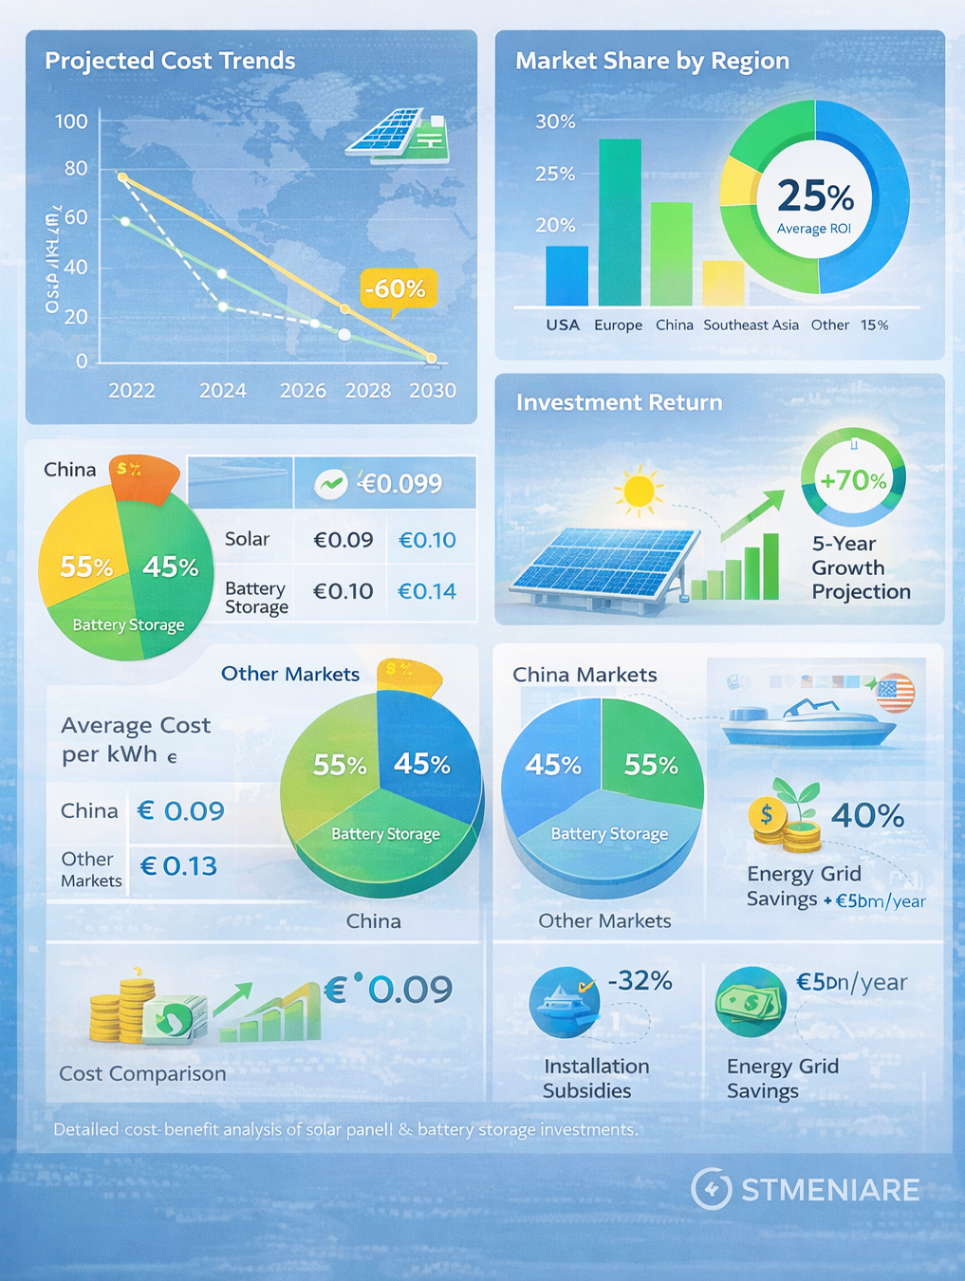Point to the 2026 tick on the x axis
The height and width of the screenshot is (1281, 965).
(x=303, y=390)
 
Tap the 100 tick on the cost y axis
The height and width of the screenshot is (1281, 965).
(x=71, y=121)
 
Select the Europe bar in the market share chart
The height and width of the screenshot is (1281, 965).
(x=620, y=222)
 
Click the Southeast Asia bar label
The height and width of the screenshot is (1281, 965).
(x=751, y=325)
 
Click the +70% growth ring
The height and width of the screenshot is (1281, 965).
(x=853, y=479)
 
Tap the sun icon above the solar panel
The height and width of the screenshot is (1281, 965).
(x=638, y=491)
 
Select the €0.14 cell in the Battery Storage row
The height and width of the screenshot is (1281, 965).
(x=427, y=591)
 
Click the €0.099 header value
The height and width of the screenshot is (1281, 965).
(x=399, y=484)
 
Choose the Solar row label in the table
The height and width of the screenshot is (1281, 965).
(x=247, y=539)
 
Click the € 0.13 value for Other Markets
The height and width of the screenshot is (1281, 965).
(x=178, y=865)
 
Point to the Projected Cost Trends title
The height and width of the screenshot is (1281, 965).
(x=170, y=61)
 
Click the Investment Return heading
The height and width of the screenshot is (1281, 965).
(x=619, y=402)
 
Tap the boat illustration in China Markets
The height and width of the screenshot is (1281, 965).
(x=807, y=722)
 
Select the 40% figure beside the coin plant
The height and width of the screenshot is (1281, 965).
(x=867, y=815)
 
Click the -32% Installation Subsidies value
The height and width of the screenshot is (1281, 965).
(x=639, y=980)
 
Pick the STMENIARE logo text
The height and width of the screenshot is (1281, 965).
(x=829, y=1190)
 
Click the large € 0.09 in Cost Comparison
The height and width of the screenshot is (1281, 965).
(x=389, y=989)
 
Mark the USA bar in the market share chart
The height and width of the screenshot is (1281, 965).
(x=566, y=275)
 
